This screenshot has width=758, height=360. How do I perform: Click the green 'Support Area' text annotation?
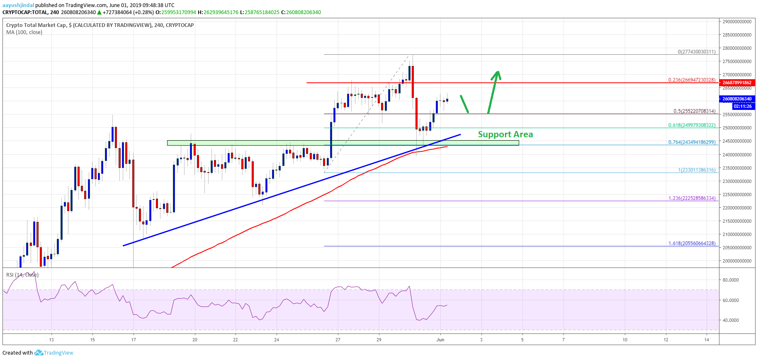click(505, 134)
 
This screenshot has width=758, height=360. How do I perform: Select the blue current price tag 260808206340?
click(737, 99)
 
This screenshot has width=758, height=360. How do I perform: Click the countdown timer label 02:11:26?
click(742, 106)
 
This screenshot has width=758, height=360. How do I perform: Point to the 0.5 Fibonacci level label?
click(694, 111)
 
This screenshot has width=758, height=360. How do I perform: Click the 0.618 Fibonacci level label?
click(692, 125)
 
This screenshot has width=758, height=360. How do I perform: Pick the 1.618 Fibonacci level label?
click(692, 243)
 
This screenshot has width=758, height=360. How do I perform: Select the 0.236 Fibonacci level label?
click(692, 80)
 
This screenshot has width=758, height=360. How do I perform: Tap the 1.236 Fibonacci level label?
click(692, 198)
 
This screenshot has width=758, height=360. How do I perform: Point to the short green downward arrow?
click(464, 104)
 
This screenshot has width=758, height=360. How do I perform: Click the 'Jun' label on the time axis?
click(440, 340)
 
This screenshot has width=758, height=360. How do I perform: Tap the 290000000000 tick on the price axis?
click(737, 22)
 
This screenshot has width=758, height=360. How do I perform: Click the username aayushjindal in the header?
click(18, 5)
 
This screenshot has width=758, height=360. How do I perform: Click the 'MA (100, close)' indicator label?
click(24, 32)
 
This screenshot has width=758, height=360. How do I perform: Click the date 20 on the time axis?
click(195, 340)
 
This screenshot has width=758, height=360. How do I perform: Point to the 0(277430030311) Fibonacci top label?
click(696, 52)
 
